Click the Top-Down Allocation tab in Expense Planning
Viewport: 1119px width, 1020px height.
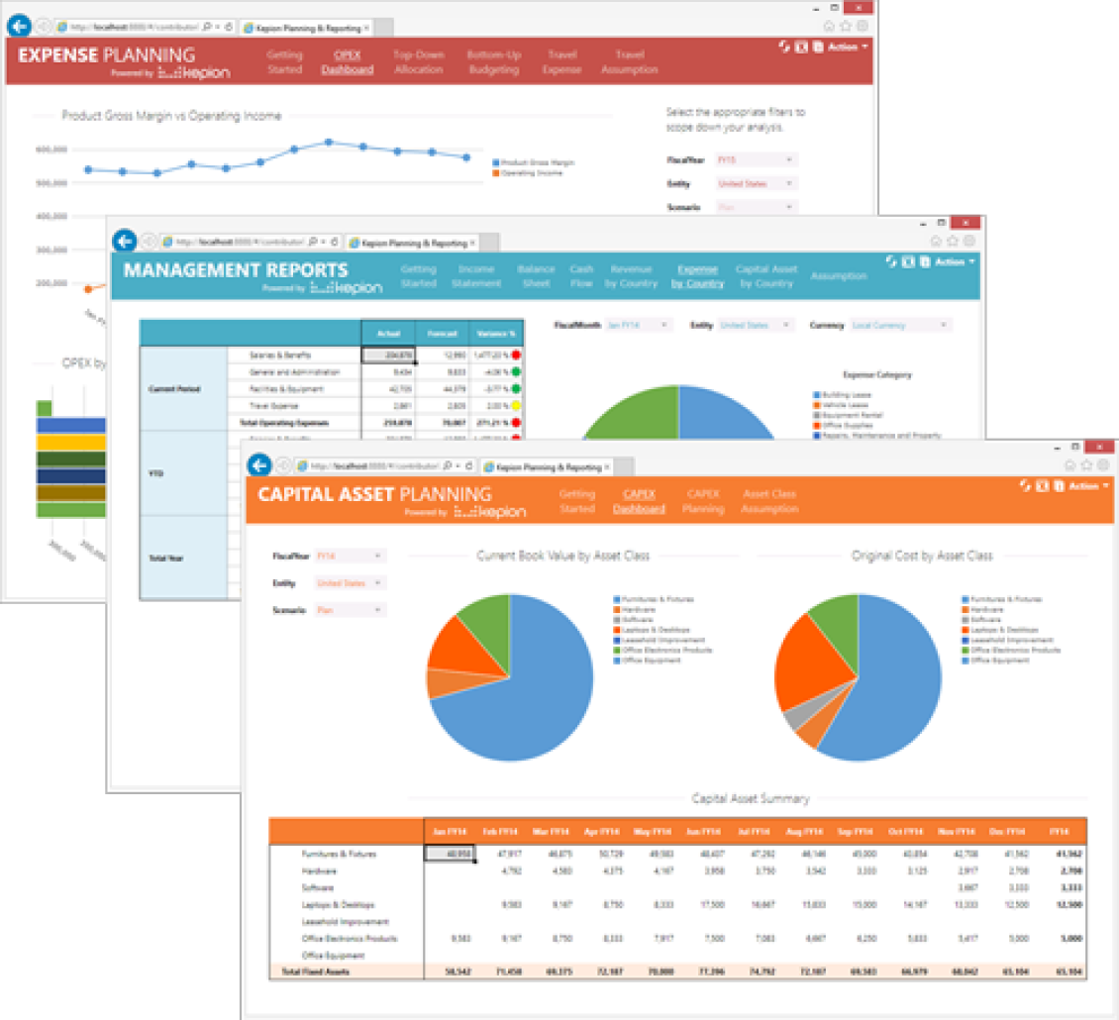(x=418, y=61)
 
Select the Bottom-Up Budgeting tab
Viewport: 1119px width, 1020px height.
(x=493, y=61)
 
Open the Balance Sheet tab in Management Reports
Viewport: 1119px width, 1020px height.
(x=536, y=275)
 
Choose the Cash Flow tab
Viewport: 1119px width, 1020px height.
(x=581, y=275)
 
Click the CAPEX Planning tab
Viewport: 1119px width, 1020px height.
(x=703, y=500)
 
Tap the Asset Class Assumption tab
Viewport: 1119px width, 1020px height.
(x=769, y=500)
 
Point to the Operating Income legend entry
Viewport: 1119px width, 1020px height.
(x=531, y=173)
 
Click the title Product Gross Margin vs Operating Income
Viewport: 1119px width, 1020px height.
(x=171, y=116)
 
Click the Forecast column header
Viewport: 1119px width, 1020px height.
(x=442, y=334)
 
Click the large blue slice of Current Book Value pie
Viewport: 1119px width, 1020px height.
(x=525, y=693)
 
